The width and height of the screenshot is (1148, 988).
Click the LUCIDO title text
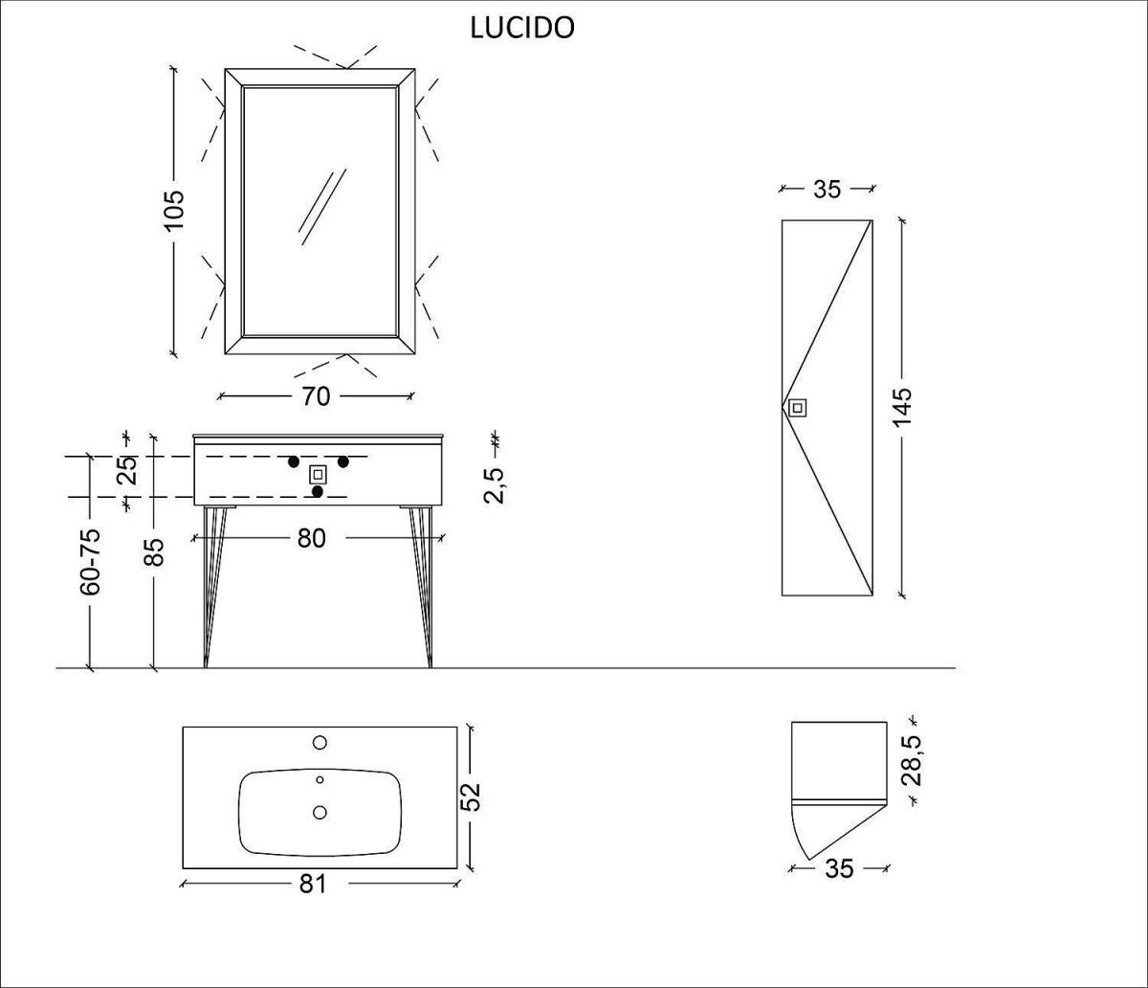tap(522, 29)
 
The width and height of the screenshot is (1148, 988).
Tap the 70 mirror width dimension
tap(316, 396)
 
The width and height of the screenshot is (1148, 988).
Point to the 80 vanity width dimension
tap(312, 538)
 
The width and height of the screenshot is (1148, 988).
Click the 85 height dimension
tap(155, 551)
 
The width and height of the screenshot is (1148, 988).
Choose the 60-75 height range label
tap(91, 562)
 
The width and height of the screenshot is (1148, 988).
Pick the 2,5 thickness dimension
tap(494, 485)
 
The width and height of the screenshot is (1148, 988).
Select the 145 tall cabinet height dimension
tap(901, 407)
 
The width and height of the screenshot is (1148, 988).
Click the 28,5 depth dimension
tap(912, 761)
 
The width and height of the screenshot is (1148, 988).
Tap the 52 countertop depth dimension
tap(470, 797)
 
